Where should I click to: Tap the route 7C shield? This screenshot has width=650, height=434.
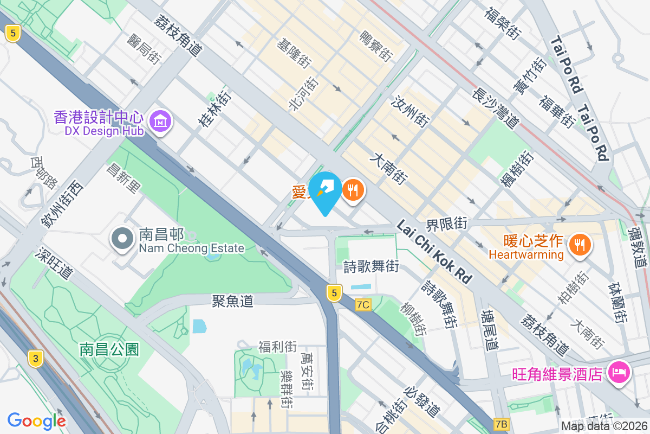pos(363,305)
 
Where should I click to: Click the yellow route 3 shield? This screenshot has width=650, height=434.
pos(36,358)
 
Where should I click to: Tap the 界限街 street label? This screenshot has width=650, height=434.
pos(447,223)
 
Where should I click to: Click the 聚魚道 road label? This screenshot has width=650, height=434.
pos(233,301)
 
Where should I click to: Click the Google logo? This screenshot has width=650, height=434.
pos(37,420)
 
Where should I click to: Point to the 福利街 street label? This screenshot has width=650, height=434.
pos(277,346)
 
